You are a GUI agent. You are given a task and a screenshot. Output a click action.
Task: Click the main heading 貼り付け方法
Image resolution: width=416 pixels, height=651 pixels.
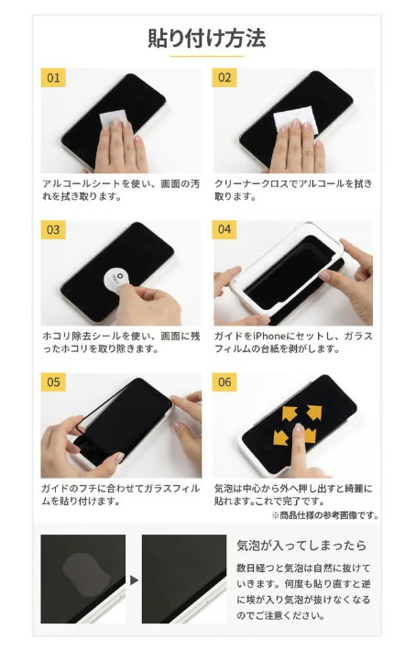pyautogui.click(x=206, y=39)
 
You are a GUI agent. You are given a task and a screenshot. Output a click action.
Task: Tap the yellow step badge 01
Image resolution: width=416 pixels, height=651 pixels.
pyautogui.click(x=53, y=78)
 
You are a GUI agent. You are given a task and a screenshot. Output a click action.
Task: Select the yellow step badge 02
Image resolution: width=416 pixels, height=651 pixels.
pyautogui.click(x=224, y=78)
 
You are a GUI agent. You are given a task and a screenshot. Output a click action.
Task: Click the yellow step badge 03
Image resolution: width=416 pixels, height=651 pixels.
pyautogui.click(x=53, y=229)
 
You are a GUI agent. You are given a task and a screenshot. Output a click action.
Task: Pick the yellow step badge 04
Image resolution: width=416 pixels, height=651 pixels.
pyautogui.click(x=224, y=229)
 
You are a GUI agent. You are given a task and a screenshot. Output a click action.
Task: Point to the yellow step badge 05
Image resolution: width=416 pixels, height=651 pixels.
pyautogui.click(x=53, y=382)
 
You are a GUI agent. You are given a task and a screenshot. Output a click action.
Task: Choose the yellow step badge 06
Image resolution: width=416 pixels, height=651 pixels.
pyautogui.click(x=224, y=382)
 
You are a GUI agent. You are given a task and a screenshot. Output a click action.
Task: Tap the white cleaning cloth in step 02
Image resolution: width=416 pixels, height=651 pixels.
pyautogui.click(x=295, y=119)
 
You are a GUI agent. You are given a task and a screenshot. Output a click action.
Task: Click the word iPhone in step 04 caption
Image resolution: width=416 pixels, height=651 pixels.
pyautogui.click(x=269, y=336)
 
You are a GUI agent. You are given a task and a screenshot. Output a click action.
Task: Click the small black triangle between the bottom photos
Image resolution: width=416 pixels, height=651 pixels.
pyautogui.click(x=134, y=580)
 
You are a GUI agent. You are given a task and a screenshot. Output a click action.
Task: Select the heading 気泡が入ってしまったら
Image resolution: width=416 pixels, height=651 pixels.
pyautogui.click(x=301, y=546)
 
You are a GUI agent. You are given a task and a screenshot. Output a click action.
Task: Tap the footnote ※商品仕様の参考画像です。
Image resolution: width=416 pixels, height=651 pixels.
pyautogui.click(x=325, y=515)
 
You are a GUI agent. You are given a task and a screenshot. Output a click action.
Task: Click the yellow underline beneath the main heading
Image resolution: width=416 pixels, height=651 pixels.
pyautogui.click(x=206, y=56)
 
